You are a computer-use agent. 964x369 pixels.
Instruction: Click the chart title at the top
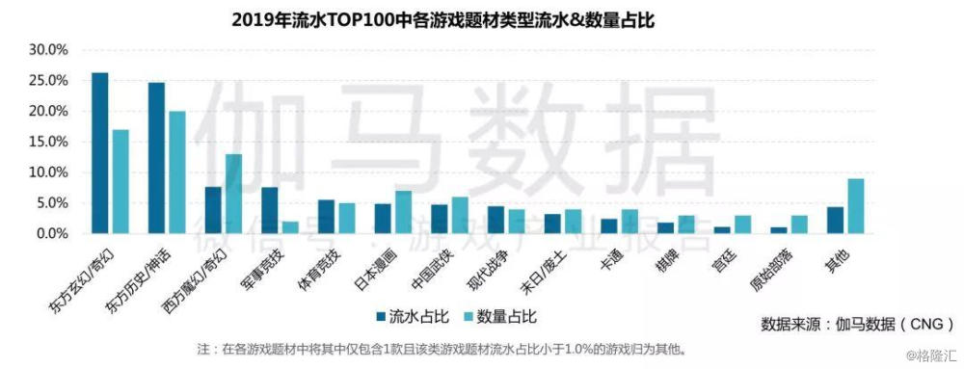443,19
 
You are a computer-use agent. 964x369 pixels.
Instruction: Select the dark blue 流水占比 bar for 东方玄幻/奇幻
100,153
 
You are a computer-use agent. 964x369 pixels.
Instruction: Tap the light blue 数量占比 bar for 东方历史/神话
177,172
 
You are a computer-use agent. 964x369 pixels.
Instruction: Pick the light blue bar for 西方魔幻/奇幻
233,194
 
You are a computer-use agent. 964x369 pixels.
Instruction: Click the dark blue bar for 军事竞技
270,210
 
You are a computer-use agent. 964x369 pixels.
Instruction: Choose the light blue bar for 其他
856,206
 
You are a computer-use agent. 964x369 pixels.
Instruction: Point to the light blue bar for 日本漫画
404,212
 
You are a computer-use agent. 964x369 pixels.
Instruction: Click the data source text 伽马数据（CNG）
856,322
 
